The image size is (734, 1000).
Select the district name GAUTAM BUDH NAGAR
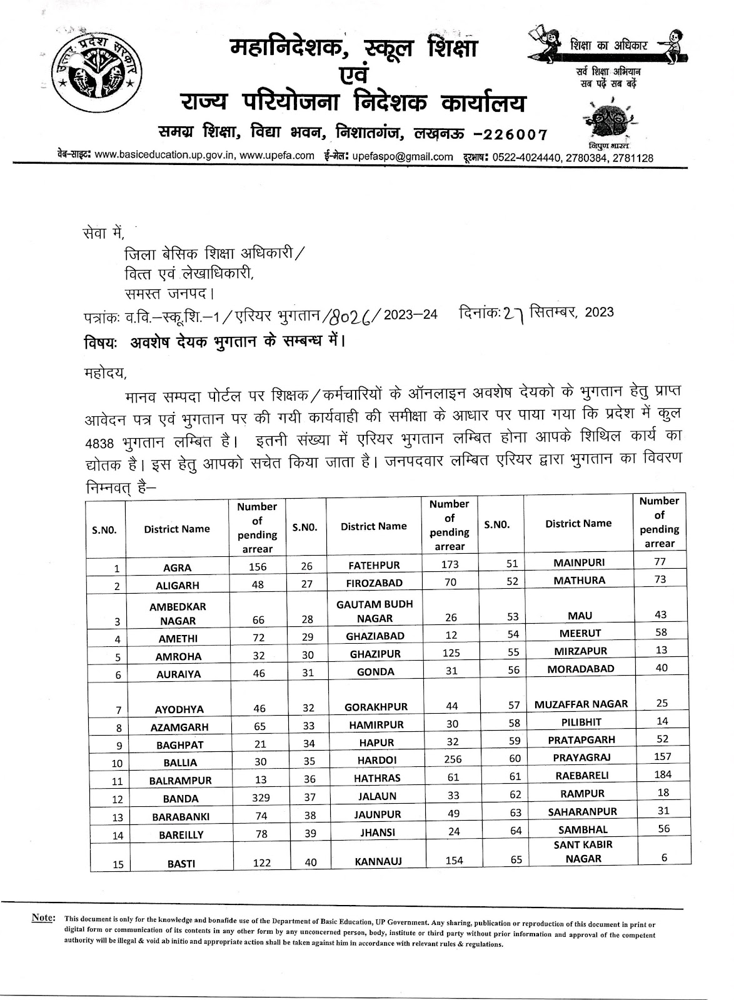coord(375,611)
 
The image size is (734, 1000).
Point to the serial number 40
coord(310,862)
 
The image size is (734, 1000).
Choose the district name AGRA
coord(177,568)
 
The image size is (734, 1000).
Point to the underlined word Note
coord(43,918)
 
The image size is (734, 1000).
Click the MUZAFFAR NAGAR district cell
coord(581,704)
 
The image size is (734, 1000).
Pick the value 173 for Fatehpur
coord(449,564)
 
